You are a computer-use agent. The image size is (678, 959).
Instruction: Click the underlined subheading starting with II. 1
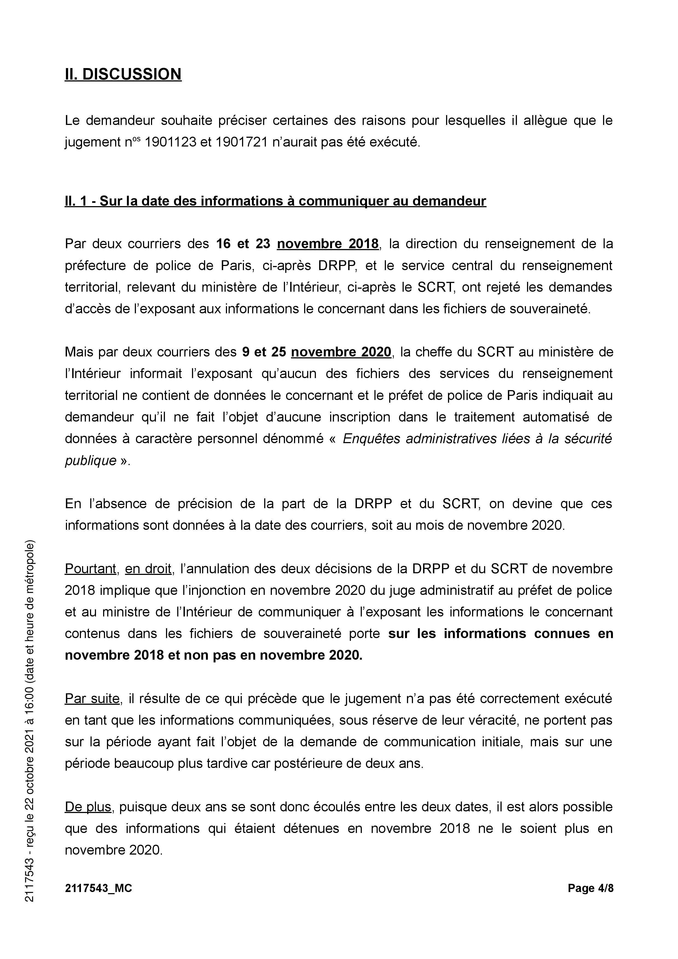tap(275, 201)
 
